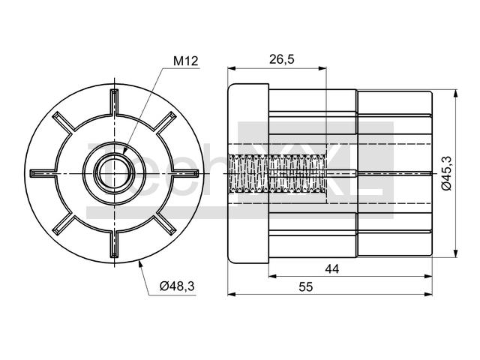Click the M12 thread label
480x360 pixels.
(186, 61)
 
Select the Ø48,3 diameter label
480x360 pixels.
(177, 286)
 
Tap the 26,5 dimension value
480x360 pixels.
(282, 59)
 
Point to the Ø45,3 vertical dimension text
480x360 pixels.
(447, 173)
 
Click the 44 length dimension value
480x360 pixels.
(332, 269)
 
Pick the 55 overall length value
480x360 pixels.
(306, 287)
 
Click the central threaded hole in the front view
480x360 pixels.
(114, 173)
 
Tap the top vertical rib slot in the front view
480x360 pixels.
(114, 103)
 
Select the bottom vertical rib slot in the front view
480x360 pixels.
(114, 244)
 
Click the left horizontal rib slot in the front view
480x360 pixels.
(43, 173)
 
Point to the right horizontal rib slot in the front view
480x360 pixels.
(185, 173)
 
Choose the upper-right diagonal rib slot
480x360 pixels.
(166, 123)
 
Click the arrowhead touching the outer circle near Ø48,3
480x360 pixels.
(140, 263)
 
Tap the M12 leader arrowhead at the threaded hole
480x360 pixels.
(125, 150)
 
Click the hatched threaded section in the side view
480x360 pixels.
(277, 173)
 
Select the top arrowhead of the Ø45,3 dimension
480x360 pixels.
(456, 94)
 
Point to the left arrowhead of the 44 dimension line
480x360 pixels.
(273, 277)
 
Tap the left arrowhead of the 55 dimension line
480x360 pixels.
(232, 295)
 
